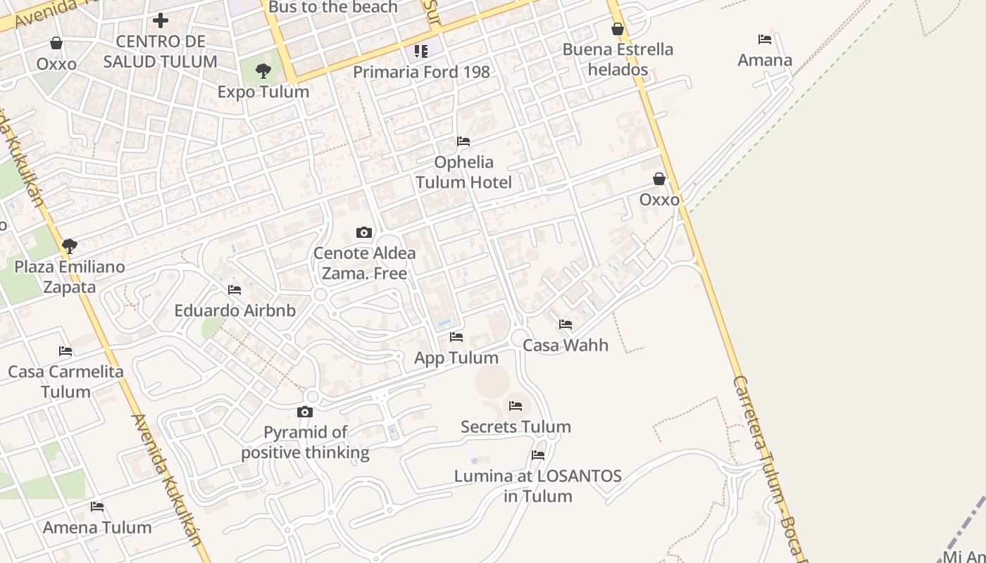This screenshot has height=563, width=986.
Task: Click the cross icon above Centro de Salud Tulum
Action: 161,20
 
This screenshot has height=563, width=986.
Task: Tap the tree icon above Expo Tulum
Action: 263,70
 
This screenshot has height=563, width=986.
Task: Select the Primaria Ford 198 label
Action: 421,72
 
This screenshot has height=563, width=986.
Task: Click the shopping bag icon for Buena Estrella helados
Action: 618,29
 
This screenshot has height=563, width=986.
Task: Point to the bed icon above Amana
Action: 765,39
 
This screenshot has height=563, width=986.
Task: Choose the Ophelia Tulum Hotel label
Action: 463,172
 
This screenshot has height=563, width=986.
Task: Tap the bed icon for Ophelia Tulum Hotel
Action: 463,141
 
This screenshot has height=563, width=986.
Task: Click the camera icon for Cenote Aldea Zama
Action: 364,232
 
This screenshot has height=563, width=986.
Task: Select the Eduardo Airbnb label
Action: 235,310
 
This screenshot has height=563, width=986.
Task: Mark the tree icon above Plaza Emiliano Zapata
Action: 69,246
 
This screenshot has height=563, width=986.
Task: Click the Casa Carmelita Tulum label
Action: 65,381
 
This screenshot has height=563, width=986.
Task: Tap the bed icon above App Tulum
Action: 456,337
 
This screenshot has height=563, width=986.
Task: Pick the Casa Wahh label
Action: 566,346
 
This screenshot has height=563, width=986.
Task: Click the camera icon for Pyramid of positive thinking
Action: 305,412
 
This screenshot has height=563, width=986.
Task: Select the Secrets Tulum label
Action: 516,426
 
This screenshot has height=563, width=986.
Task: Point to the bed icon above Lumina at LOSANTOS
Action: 538,455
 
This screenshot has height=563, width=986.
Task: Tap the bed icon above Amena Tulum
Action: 97,507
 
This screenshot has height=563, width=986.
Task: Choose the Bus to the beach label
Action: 333,8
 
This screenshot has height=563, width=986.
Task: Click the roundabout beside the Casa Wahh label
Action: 520,338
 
